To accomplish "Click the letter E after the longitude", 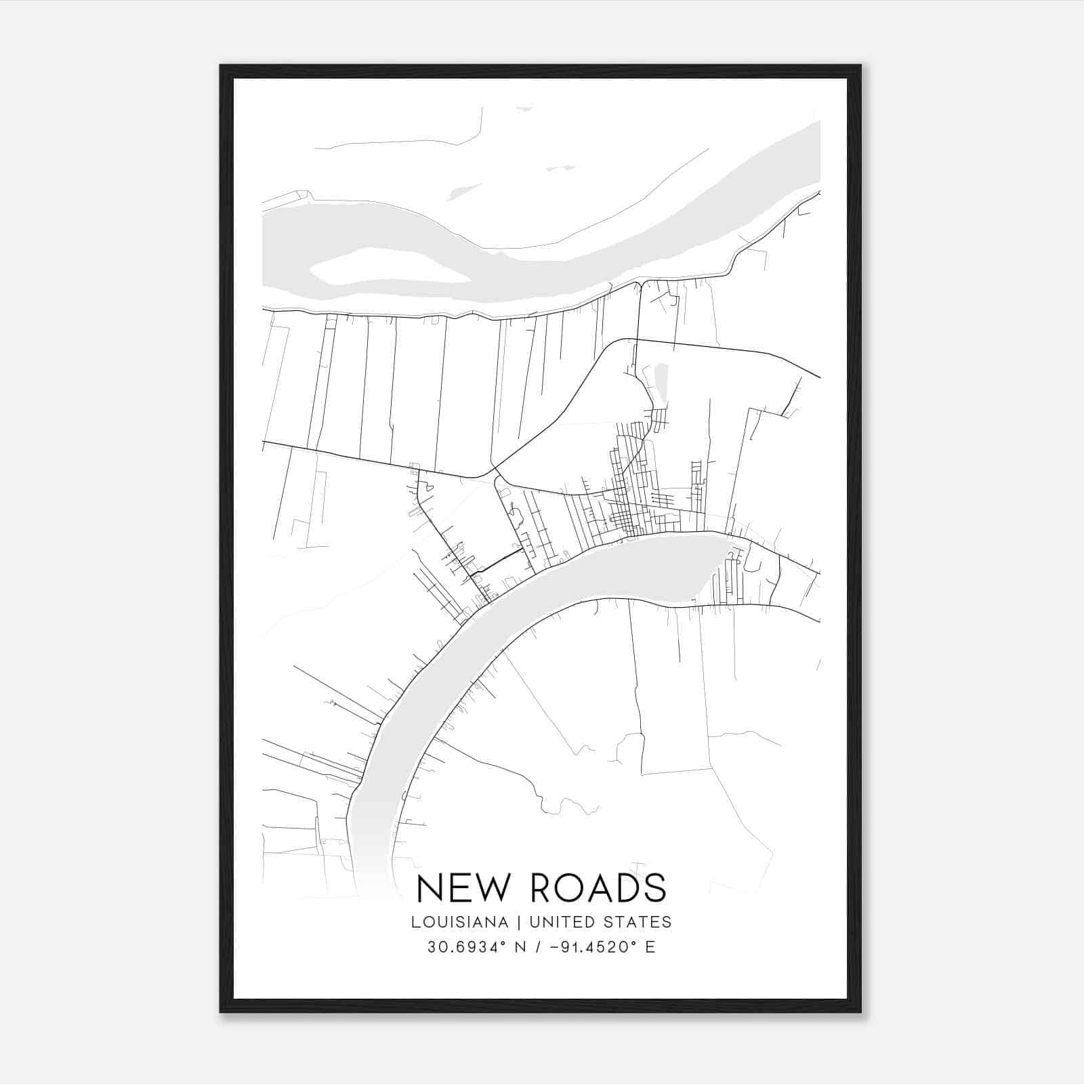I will [x=650, y=946].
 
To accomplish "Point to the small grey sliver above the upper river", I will [x=461, y=192].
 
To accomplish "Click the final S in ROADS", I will [x=654, y=888].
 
